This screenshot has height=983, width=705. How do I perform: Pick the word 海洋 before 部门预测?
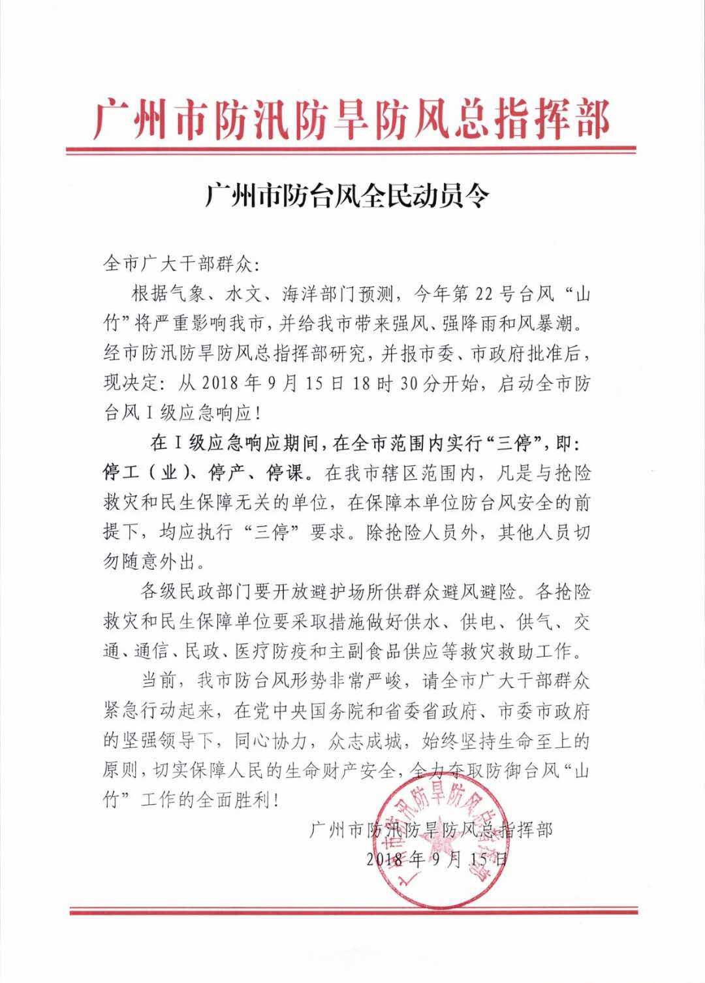tap(299, 294)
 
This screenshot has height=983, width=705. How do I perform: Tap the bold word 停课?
tap(285, 473)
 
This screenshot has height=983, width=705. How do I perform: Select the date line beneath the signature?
tap(436, 858)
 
